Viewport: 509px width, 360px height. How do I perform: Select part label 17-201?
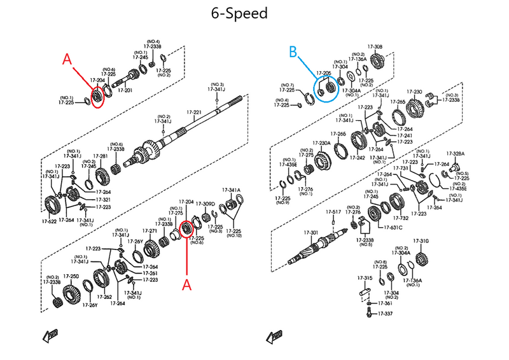(x=125, y=90)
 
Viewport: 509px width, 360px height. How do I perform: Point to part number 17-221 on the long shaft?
(x=194, y=113)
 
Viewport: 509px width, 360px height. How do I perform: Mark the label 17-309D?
(x=206, y=204)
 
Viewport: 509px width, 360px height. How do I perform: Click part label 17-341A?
(x=232, y=190)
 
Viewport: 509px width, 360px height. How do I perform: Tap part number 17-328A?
(x=455, y=153)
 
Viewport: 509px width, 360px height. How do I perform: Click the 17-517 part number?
(x=334, y=212)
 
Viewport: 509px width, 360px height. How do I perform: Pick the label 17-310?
(x=421, y=241)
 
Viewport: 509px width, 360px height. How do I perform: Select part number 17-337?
(x=386, y=314)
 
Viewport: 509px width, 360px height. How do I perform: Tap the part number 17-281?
(x=101, y=156)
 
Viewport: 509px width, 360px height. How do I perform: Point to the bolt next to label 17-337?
(x=369, y=313)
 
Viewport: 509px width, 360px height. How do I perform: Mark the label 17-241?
(x=405, y=135)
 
